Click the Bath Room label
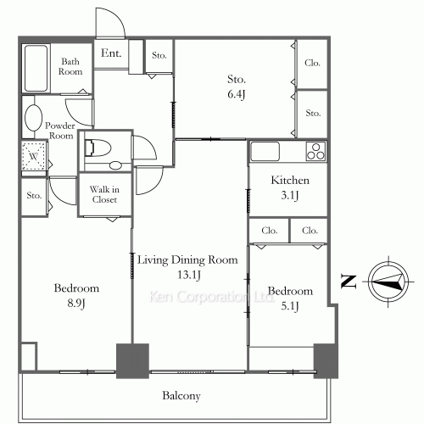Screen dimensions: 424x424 click(x=71, y=66)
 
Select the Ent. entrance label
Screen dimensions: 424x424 click(x=111, y=53)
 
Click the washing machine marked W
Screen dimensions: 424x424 click(x=32, y=157)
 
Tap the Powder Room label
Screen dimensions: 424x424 click(x=61, y=130)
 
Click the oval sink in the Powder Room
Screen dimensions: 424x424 click(x=33, y=118)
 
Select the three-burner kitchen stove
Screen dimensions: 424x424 click(x=316, y=152)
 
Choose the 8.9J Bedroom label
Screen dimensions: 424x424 click(x=77, y=295)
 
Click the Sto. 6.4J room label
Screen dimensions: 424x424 click(x=237, y=86)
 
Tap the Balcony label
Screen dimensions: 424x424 click(x=181, y=396)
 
